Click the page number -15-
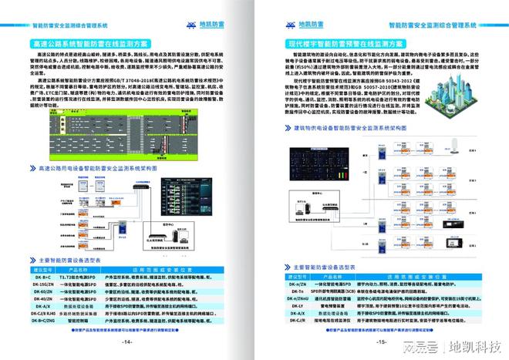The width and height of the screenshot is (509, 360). [380, 342]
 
